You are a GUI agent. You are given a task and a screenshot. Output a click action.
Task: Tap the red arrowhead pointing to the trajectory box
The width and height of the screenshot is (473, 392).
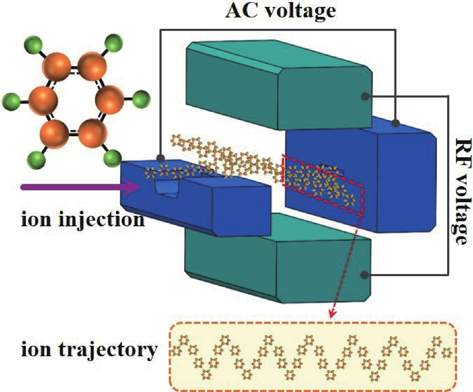click(x=332, y=313)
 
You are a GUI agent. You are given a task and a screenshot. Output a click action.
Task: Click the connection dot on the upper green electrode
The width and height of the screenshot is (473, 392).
click(x=365, y=96)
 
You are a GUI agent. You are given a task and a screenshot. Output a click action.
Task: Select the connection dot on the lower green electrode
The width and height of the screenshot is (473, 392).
click(x=364, y=275)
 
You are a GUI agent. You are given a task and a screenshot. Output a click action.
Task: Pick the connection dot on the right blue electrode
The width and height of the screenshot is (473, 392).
click(x=396, y=123)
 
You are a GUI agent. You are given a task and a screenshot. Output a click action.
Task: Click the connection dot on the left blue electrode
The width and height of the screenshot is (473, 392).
click(x=161, y=158)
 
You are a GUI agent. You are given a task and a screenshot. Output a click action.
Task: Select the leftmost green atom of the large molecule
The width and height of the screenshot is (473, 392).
click(x=11, y=101)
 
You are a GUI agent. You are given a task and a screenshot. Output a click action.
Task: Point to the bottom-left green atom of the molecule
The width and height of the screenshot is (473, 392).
click(x=36, y=160)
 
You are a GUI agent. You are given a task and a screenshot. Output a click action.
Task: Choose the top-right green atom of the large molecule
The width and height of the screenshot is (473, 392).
click(x=113, y=43)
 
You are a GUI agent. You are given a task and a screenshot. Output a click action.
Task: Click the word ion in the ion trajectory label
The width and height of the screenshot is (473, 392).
click(x=36, y=350)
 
